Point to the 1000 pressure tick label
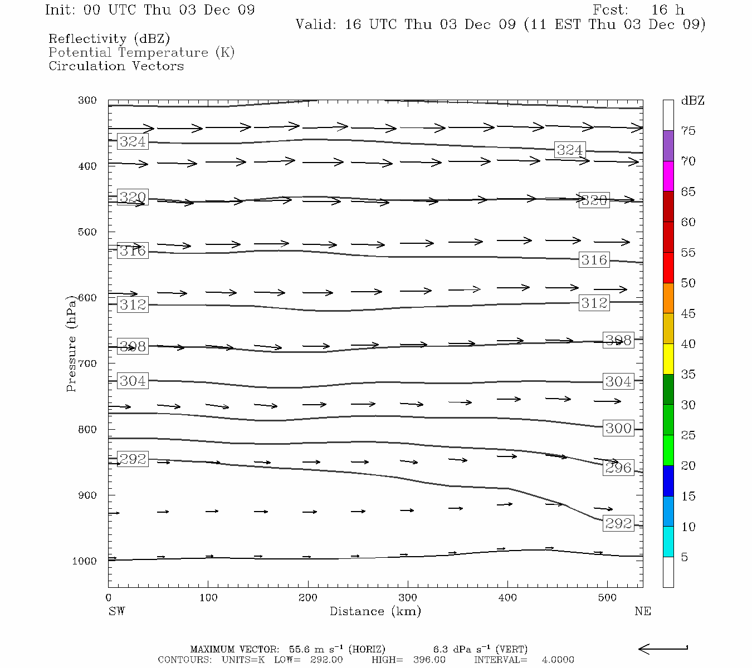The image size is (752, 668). point(84,561)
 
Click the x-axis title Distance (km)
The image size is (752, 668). point(375,611)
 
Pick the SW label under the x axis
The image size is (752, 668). point(116,611)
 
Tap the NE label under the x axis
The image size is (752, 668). point(642,611)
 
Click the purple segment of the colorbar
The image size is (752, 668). point(668,146)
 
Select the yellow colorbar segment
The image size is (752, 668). point(668,359)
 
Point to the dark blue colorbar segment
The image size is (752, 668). point(668,481)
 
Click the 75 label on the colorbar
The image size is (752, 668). point(688,131)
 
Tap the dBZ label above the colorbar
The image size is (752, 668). point(692,101)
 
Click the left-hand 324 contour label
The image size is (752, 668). point(133,141)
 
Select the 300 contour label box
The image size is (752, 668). point(618,428)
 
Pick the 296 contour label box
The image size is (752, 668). point(618,468)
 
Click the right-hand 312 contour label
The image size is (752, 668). point(594,303)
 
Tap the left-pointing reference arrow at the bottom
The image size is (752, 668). point(662,649)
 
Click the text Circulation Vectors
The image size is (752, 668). point(116,66)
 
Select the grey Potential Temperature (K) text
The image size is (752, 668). point(141,52)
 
